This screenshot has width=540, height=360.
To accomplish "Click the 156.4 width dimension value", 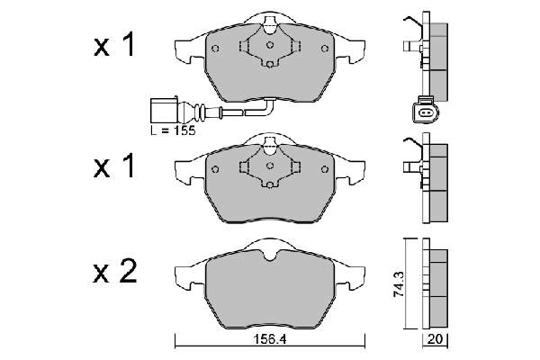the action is coord(270,339).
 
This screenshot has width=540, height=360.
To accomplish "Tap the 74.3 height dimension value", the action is coord(400,283).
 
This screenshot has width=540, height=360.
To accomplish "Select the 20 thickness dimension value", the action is coord(436,339).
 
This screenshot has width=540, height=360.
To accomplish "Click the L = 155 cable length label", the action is coord(173,130).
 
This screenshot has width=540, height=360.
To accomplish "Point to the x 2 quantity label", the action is coord(115,272).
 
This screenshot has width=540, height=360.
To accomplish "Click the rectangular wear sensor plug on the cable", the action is coord(164,111).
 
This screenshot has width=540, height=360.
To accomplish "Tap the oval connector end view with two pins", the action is coord(426,112).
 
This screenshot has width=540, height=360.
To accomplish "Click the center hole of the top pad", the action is coord(270,45).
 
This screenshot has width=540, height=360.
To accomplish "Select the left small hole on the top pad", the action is coord(215,49).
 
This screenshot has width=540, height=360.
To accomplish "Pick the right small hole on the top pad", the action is coord(325,49).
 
